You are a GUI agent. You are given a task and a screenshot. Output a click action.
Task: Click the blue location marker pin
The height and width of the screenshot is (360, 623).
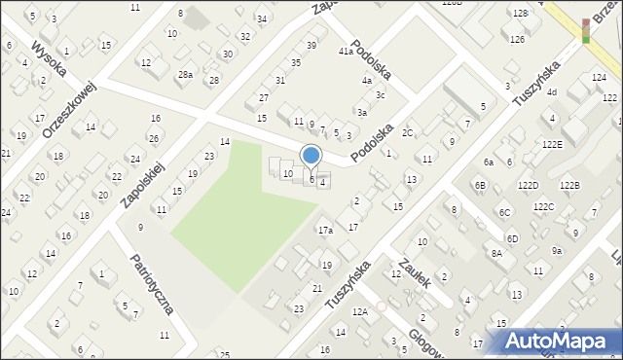tap(311, 156)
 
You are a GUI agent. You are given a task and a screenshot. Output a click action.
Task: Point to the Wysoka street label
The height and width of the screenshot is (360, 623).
tap(48, 60)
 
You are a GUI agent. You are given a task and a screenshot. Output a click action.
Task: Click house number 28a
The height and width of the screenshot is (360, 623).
tap(185, 75)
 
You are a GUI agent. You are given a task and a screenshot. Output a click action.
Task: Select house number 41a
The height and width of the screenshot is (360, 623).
tap(346, 52)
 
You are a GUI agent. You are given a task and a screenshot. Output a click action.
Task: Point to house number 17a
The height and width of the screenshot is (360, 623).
tap(325, 231)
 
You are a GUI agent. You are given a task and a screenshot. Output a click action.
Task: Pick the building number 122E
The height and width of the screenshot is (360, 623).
tap(553, 144)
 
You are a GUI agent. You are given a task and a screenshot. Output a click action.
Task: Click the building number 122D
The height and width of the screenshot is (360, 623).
tap(529, 184)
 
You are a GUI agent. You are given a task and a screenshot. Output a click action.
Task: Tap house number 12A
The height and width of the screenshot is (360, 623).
tap(360, 312)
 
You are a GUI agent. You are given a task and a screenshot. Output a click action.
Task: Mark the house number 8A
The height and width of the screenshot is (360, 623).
tap(496, 253)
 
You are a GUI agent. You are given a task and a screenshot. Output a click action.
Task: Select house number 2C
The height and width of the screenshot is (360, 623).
tap(408, 132)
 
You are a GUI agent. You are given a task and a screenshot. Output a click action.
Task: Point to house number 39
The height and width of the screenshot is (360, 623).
tap(311, 46)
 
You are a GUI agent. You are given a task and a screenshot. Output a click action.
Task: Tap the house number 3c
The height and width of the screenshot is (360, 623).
tap(382, 95)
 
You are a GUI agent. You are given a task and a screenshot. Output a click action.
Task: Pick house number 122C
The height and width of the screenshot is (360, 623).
tap(550, 206)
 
